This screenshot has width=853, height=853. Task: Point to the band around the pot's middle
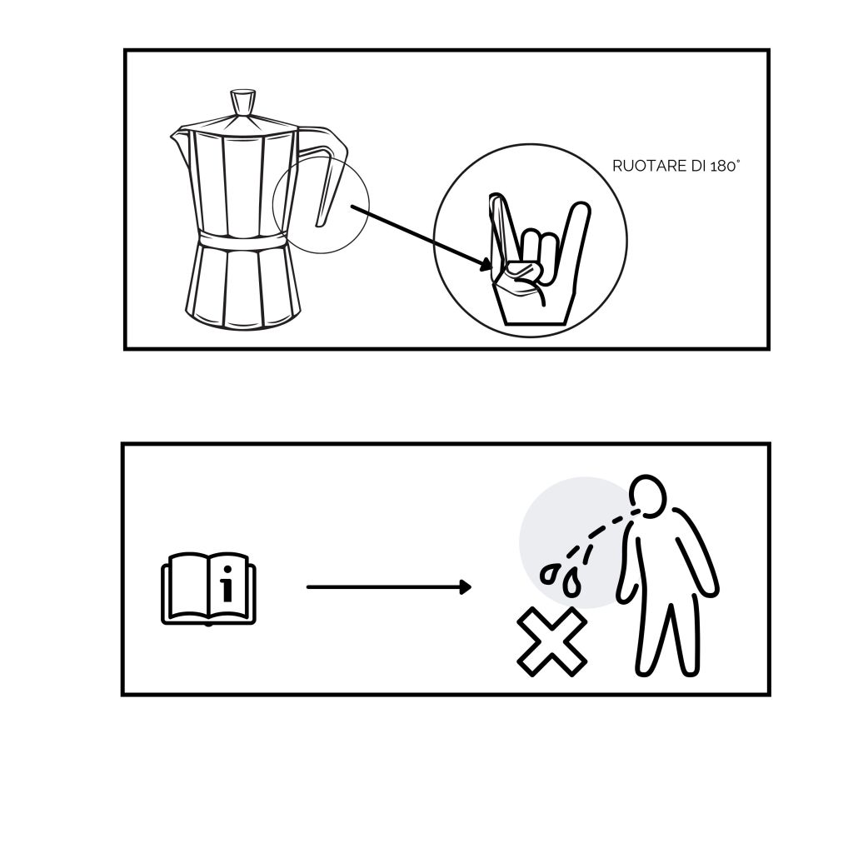click(x=242, y=238)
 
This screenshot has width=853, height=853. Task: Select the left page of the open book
click(x=187, y=586)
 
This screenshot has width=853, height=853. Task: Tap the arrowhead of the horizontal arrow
click(x=465, y=587)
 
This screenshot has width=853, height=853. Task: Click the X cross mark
click(x=551, y=641)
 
